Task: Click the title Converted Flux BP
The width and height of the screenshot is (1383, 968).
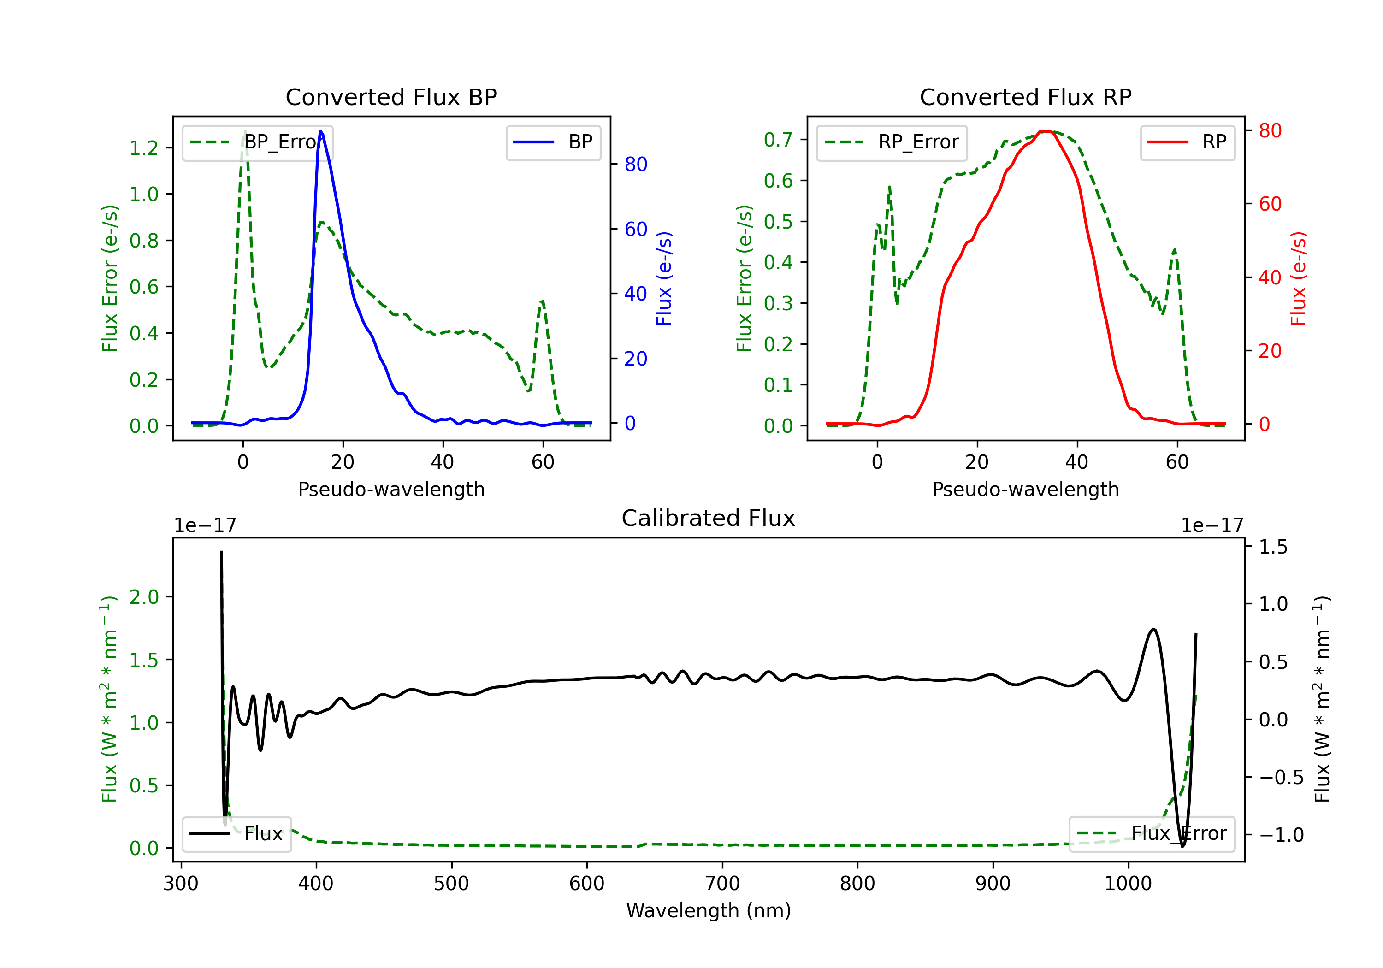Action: (x=391, y=97)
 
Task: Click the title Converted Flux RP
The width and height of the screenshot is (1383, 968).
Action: (x=1025, y=97)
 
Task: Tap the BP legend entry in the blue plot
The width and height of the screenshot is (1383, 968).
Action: (x=553, y=142)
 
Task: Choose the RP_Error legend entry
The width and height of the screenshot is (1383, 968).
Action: (x=892, y=142)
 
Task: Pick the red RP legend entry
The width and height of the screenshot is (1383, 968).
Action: (x=1187, y=142)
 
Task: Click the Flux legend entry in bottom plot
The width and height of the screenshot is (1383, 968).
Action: (x=237, y=834)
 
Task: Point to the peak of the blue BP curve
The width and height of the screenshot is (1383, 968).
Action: (x=320, y=131)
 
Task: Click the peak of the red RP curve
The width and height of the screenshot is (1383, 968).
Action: (x=1046, y=131)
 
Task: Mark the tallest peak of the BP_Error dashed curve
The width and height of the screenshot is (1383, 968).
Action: (x=244, y=131)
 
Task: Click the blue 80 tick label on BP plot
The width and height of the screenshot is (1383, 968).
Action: (x=635, y=165)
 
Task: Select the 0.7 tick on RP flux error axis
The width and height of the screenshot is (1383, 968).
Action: (x=778, y=140)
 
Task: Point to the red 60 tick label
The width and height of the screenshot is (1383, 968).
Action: (x=1270, y=204)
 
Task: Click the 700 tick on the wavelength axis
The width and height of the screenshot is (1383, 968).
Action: (x=722, y=884)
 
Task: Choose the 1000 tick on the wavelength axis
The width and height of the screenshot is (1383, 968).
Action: (x=1128, y=884)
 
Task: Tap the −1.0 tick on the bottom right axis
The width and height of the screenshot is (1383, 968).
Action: (x=1281, y=835)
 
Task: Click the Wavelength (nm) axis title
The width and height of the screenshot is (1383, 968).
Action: (x=709, y=910)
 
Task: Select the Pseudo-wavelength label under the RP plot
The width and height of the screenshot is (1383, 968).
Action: (x=1025, y=489)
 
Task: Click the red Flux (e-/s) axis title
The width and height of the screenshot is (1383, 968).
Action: (x=1298, y=278)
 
